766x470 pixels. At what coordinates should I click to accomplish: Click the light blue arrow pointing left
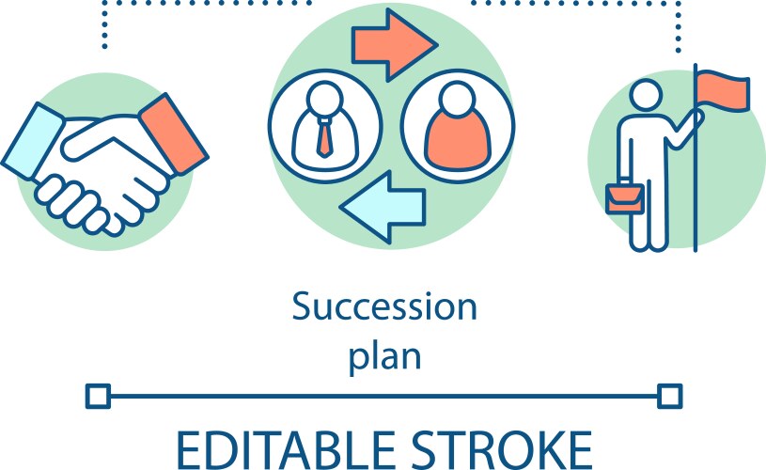click(383, 207)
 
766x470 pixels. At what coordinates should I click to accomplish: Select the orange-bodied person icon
click(458, 127)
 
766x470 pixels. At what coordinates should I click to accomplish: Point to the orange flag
click(723, 90)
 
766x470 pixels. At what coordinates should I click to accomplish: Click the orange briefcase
click(625, 197)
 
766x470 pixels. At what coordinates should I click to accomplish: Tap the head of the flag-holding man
click(646, 95)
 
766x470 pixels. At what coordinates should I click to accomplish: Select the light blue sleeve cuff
click(32, 142)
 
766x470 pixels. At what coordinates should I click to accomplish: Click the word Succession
click(384, 306)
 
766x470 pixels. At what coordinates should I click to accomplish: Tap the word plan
click(384, 357)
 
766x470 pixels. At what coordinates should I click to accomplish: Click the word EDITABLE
click(286, 450)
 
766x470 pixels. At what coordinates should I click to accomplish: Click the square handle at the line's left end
click(98, 396)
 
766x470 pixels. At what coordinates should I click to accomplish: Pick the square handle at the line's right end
click(670, 396)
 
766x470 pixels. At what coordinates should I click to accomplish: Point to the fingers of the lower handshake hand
click(73, 203)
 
